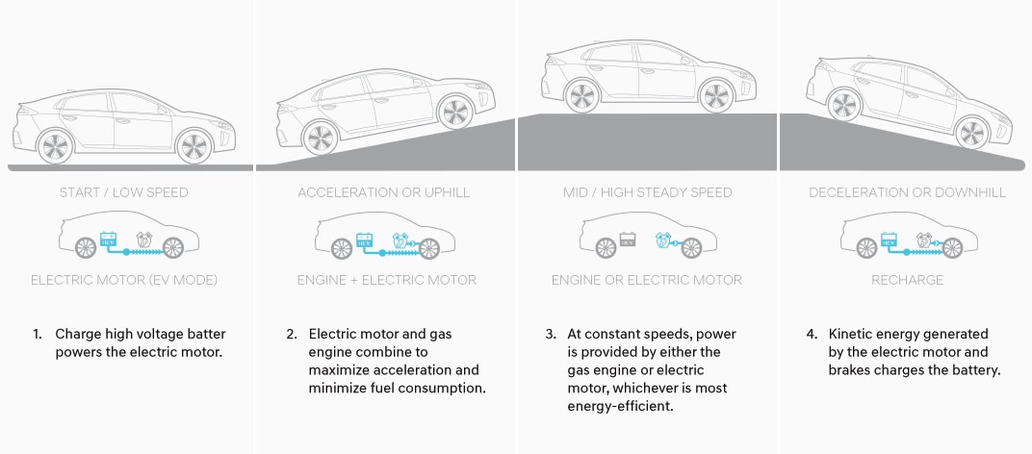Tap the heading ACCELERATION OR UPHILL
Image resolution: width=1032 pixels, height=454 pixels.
coord(384,192)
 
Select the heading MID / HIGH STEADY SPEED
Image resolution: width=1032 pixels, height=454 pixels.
coord(647,192)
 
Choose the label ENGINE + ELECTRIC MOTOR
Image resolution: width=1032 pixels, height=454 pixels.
coord(387,280)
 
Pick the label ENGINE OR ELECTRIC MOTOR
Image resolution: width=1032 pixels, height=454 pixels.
coord(647,280)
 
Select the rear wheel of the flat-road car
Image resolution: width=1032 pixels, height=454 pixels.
coord(55,146)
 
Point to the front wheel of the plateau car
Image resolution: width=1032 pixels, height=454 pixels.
coord(714,95)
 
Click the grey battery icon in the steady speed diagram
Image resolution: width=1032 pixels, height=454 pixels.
coord(628,239)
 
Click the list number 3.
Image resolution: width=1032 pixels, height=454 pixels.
coord(550,335)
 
